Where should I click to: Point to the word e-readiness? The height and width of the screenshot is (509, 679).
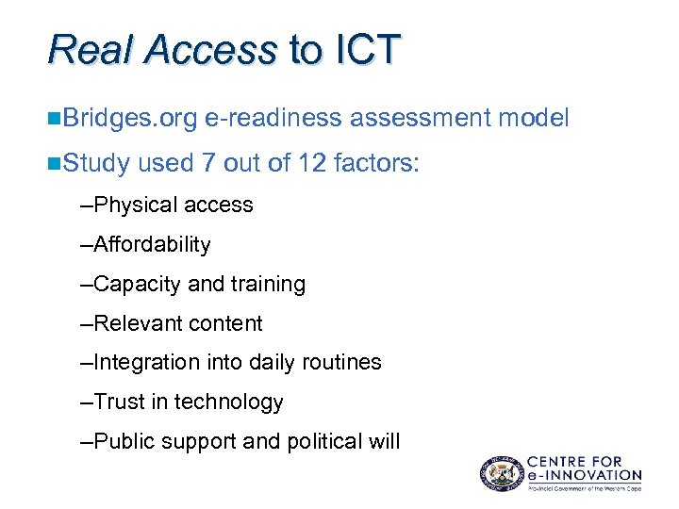coord(273,118)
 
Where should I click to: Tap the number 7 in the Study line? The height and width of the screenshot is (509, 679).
coord(208,164)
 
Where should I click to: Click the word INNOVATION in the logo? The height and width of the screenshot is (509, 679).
coord(594,475)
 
